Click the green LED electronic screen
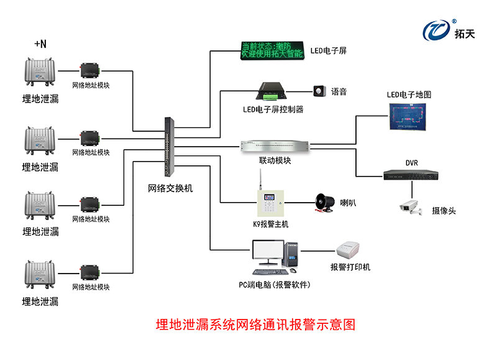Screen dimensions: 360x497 272,50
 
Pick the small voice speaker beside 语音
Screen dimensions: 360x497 320,91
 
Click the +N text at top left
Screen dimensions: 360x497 40,44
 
